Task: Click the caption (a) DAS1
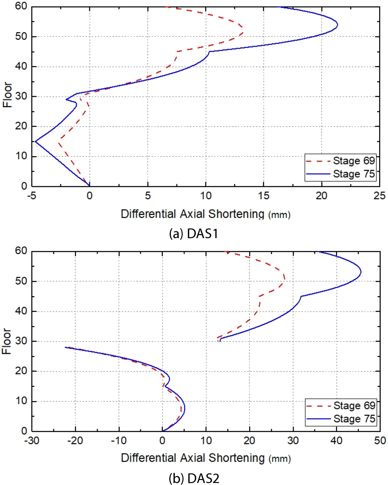pos(194,234)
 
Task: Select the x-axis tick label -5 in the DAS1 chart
pos(31,196)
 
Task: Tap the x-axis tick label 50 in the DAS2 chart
pos(380,441)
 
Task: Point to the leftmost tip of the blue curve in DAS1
pos(35,141)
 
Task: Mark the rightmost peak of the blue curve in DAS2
pos(361,272)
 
